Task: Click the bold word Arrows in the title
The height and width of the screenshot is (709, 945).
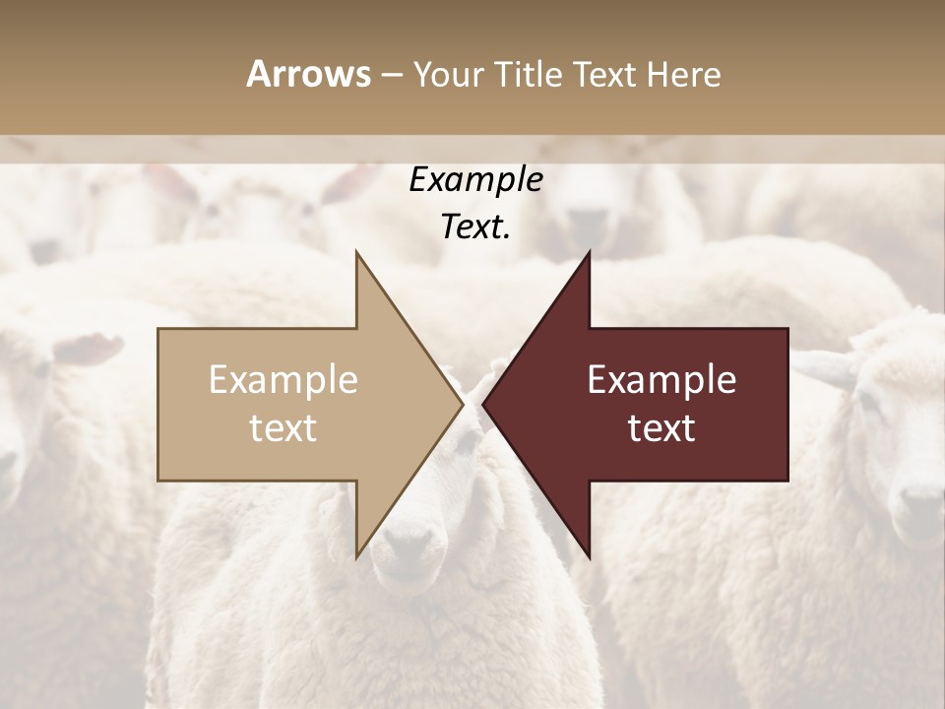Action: [x=308, y=74]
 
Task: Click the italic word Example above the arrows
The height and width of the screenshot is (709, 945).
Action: [x=475, y=179]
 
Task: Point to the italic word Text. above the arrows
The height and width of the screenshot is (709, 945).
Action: [x=475, y=226]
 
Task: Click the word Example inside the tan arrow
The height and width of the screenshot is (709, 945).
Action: [x=283, y=379]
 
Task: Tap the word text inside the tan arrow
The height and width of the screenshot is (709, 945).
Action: [x=283, y=427]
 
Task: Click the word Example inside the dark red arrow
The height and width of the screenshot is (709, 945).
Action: [x=661, y=379]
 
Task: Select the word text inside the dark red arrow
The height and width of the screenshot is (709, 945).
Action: [x=661, y=427]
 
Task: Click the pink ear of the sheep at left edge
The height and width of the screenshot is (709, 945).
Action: [x=89, y=348]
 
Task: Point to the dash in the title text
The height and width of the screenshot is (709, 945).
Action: [x=391, y=76]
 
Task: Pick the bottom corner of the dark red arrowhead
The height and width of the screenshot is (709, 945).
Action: [x=589, y=555]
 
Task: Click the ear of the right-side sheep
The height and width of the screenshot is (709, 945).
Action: [x=825, y=367]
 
